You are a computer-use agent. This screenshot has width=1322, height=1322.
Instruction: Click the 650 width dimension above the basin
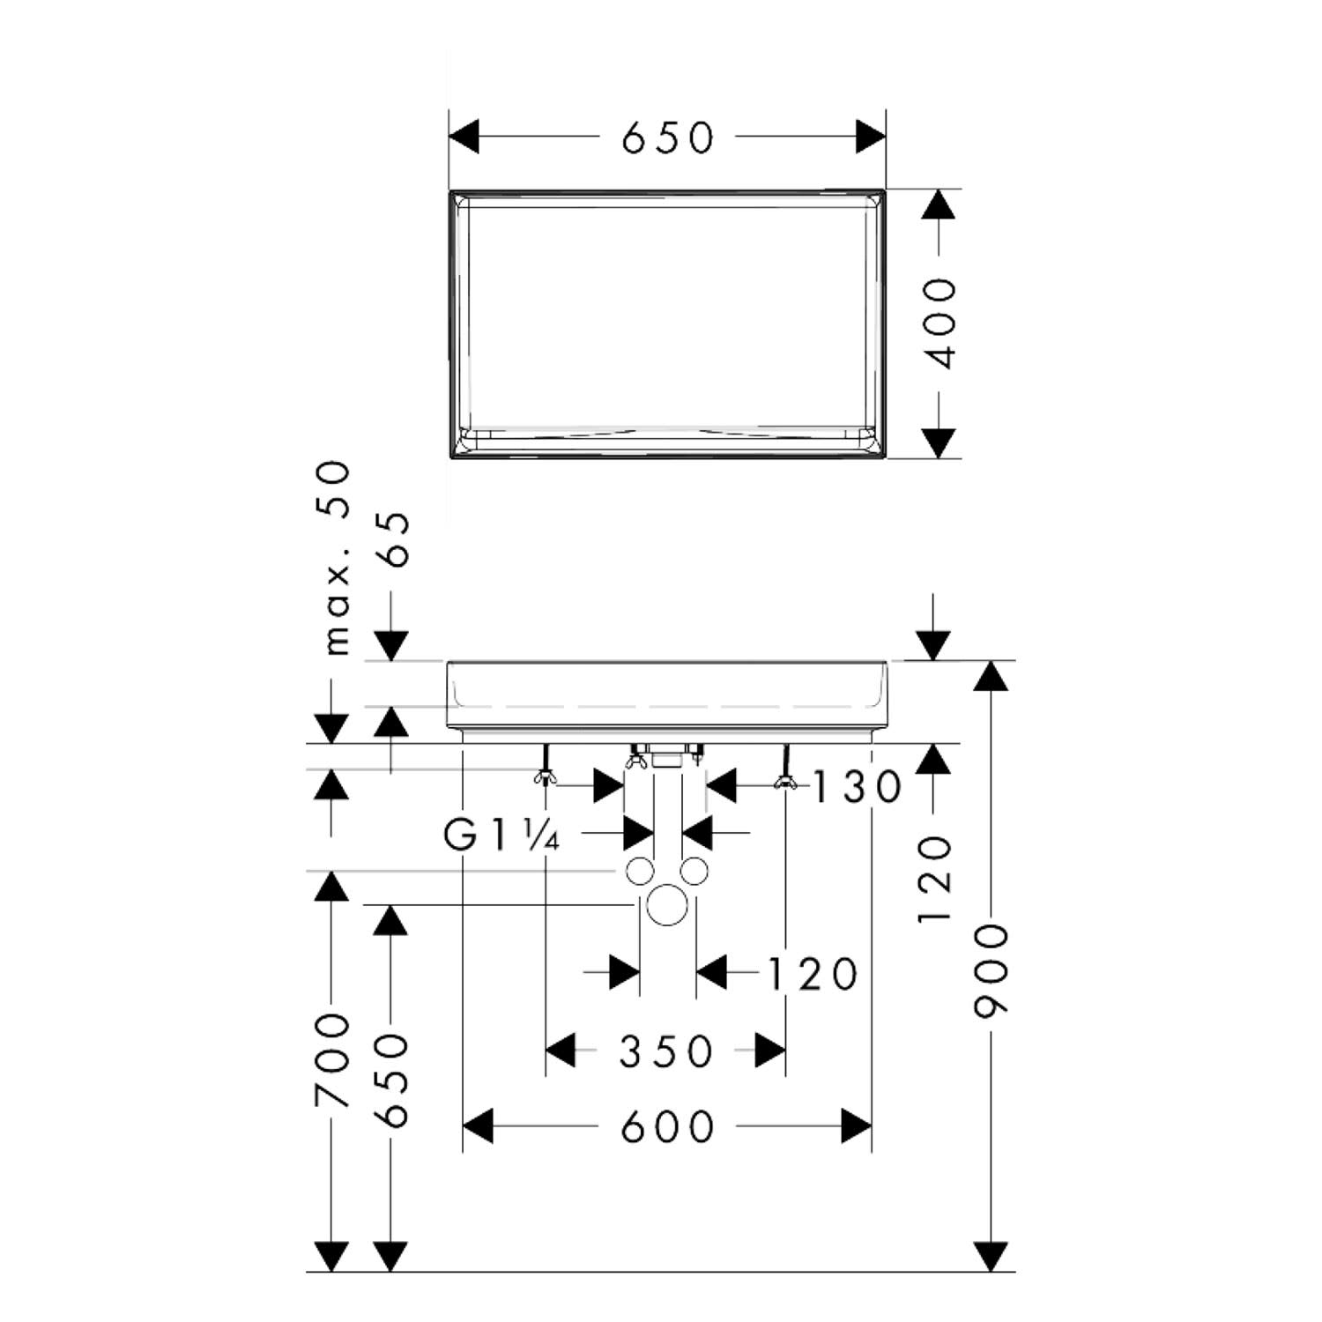667,137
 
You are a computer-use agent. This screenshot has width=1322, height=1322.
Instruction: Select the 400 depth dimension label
942,323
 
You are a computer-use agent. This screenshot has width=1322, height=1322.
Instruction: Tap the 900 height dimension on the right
991,969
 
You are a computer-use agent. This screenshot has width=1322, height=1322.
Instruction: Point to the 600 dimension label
667,1127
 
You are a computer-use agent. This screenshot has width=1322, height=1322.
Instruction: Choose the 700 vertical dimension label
332,1060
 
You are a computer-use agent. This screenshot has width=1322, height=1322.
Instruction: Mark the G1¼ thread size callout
501,835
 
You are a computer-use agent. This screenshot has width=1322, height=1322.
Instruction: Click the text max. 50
338,559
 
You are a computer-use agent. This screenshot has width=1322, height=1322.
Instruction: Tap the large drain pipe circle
667,907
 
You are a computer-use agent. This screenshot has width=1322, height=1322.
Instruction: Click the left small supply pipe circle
641,872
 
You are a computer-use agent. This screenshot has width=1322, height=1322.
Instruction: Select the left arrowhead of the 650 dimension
464,137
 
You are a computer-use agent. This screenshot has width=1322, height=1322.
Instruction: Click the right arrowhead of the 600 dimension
857,1126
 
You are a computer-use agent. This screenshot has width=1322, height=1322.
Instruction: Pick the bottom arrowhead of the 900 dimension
991,1257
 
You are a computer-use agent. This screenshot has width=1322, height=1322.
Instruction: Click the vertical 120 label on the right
935,880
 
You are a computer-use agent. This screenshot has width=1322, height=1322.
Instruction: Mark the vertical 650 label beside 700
391,1081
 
